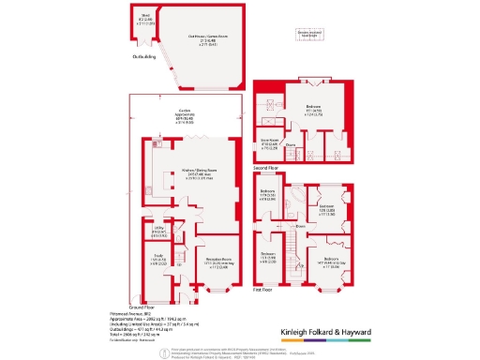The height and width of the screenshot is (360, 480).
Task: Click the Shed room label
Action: pyautogui.click(x=145, y=16)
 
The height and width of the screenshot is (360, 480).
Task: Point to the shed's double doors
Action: pyautogui.click(x=143, y=42)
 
